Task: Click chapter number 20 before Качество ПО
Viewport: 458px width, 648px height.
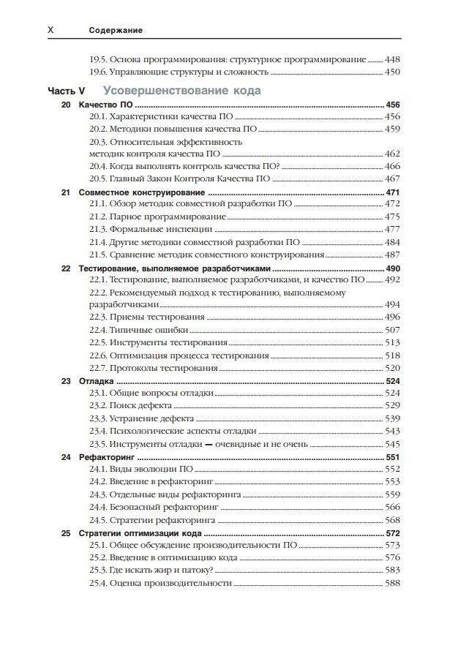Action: pyautogui.click(x=66, y=105)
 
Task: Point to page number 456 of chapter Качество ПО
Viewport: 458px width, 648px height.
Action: pyautogui.click(x=392, y=105)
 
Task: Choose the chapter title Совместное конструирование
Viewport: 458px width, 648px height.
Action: pyautogui.click(x=130, y=192)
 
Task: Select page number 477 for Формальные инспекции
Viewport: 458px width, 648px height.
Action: pyautogui.click(x=392, y=230)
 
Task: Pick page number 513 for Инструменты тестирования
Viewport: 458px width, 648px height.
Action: pyautogui.click(x=392, y=342)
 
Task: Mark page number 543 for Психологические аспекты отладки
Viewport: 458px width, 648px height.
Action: pyautogui.click(x=392, y=431)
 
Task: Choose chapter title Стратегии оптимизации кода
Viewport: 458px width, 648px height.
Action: pyautogui.click(x=137, y=533)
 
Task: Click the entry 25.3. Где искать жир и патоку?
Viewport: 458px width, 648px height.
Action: pyautogui.click(x=151, y=570)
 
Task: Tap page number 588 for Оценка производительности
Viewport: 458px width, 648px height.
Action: pyautogui.click(x=392, y=583)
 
